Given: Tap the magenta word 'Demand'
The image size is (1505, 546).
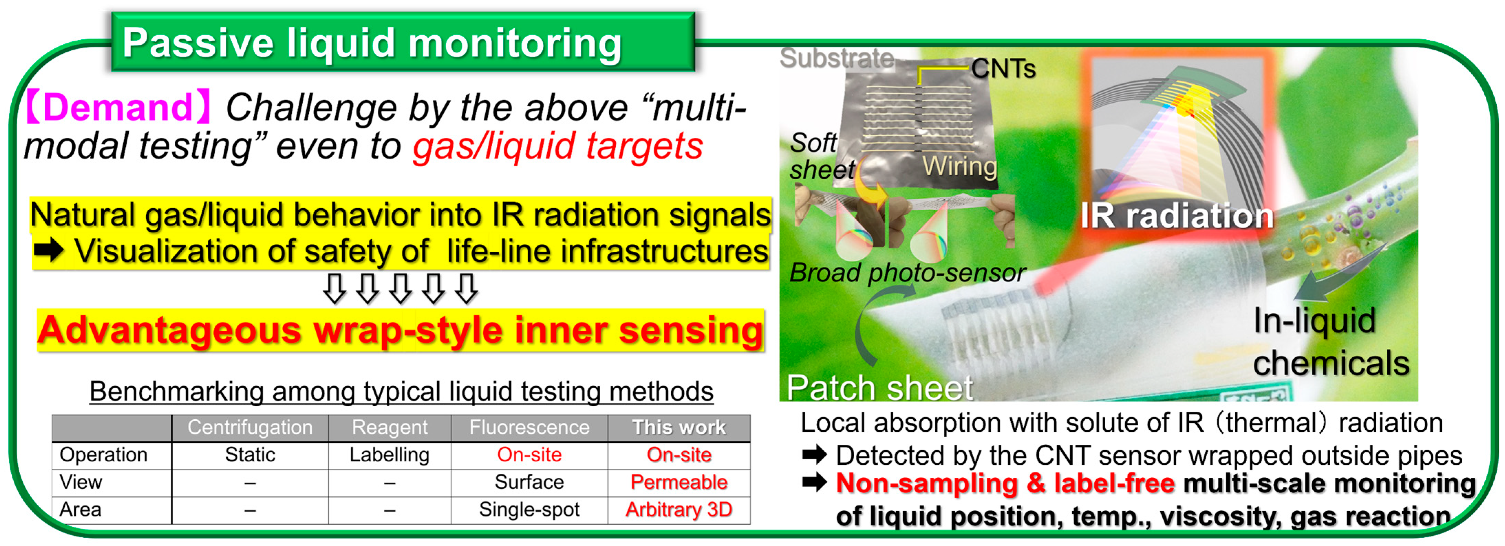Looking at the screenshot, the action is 117,107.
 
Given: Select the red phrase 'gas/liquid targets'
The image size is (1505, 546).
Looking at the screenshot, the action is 558,146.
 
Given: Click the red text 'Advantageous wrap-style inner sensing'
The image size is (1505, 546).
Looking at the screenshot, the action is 400,330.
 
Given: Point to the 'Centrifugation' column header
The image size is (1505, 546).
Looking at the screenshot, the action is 250,427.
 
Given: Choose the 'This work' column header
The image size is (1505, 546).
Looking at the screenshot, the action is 679,427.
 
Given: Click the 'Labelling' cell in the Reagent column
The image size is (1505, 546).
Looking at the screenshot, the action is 389,455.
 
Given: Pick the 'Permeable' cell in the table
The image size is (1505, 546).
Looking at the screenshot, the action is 679,482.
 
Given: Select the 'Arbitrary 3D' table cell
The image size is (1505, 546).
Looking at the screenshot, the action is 679,510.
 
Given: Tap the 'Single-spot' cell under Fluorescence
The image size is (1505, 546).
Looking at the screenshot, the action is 529,510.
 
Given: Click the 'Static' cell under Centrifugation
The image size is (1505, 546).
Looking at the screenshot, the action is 250,455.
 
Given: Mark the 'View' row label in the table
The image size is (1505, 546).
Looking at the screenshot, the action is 80,482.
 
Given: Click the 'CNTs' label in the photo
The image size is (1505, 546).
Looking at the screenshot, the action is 1003,69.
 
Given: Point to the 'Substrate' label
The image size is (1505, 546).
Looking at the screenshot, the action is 837,58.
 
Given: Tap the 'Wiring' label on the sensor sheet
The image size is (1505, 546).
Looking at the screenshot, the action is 959,167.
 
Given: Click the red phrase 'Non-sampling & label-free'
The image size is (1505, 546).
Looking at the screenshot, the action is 1005,483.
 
